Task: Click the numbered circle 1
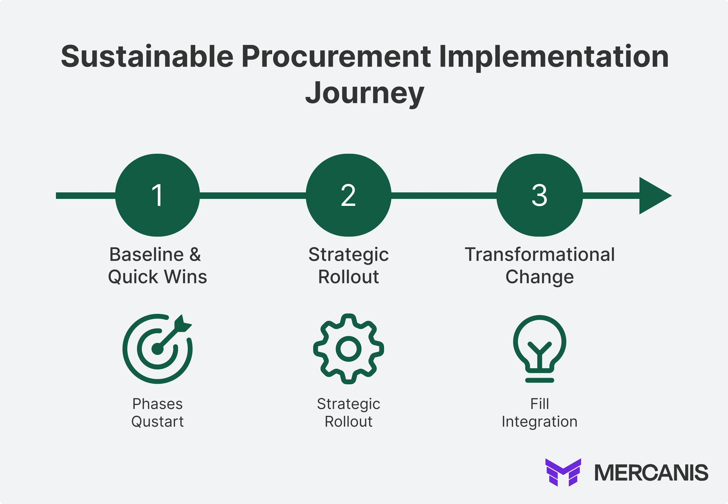(157, 195)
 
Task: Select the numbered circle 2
(349, 195)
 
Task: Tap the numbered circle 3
(539, 195)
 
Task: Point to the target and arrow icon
(157, 349)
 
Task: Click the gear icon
(349, 349)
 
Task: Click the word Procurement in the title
(336, 57)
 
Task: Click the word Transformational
(539, 255)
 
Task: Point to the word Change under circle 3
(539, 277)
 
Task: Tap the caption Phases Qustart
(157, 412)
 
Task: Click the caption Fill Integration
(539, 412)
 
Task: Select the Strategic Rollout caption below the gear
(349, 412)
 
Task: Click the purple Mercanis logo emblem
(563, 472)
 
